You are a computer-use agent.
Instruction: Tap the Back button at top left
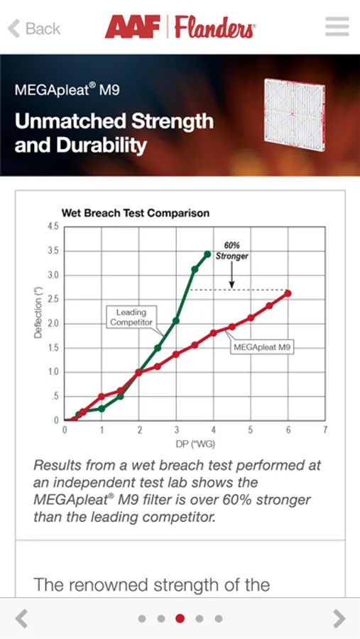point(34,28)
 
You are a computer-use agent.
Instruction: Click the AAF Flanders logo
point(180,27)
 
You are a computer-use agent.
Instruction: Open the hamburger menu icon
point(337,27)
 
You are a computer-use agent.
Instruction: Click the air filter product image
point(295,115)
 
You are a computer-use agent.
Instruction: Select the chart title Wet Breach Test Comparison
point(136,213)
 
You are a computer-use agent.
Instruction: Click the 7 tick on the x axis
point(325,430)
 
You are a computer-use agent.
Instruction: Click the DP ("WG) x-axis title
point(195,444)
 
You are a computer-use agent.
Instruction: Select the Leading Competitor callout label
point(131,317)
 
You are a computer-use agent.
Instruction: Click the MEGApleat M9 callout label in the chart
point(262,348)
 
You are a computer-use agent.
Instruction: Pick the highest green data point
point(207,254)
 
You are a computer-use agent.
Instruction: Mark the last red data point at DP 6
point(288,293)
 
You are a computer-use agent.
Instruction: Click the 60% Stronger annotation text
point(232,251)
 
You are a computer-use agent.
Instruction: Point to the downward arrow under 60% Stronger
point(232,275)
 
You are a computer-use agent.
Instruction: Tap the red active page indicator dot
point(180,618)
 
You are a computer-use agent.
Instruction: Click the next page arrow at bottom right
point(339,618)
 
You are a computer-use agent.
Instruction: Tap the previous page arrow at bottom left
point(21,618)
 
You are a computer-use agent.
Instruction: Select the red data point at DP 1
point(102,396)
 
